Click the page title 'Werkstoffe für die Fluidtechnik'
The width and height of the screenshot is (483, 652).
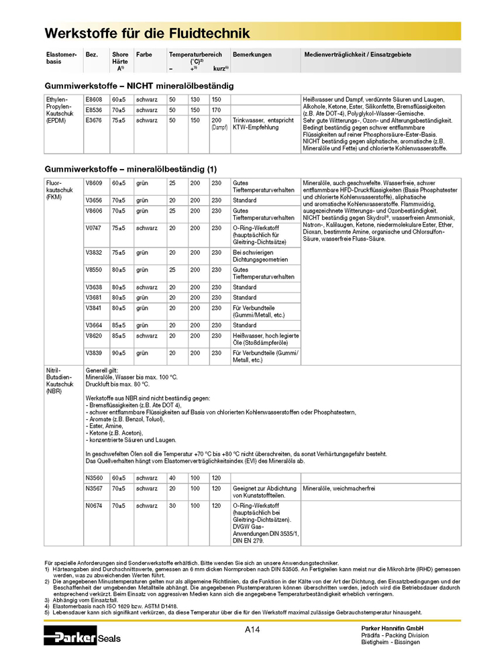147,33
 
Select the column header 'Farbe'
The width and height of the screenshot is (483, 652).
144,54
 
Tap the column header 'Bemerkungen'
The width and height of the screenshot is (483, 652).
252,54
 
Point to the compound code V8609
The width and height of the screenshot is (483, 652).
94,182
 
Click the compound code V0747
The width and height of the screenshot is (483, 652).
94,228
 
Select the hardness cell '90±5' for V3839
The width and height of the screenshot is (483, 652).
119,353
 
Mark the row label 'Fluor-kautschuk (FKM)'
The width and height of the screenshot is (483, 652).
57,190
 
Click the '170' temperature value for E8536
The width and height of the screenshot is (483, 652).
216,109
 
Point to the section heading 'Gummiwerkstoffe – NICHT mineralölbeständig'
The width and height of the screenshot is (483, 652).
139,87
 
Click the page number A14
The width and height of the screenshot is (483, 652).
252,629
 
